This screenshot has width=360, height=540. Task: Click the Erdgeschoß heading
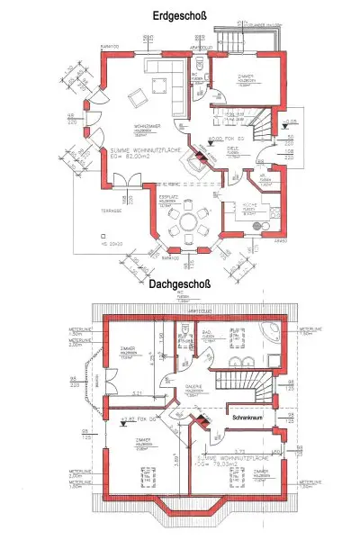tap(181, 17)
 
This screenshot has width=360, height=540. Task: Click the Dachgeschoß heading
tap(181, 285)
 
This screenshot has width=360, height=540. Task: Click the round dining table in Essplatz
tap(186, 220)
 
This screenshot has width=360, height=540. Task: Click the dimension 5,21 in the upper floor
tap(138, 394)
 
